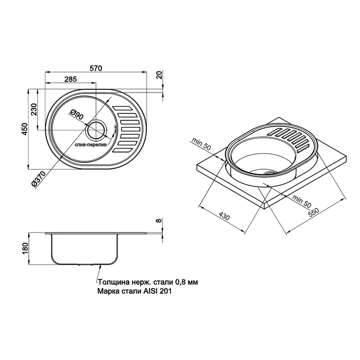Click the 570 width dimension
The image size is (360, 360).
coord(96,68)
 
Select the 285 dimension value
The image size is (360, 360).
coord(70,79)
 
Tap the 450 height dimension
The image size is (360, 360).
coord(25,129)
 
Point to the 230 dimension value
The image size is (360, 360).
coord(34,108)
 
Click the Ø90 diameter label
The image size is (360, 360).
coord(75,116)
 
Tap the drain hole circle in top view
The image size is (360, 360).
coord(96,129)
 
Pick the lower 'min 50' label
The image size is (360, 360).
coord(301,200)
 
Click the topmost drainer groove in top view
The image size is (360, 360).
coord(123,108)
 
